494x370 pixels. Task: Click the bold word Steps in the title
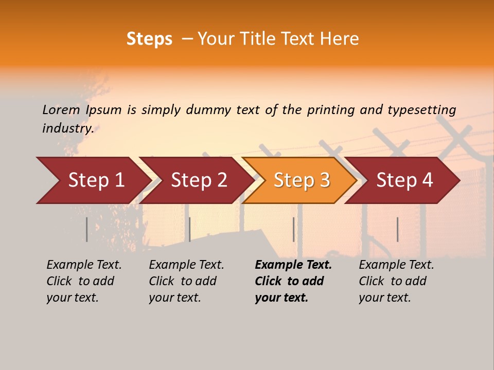point(149,39)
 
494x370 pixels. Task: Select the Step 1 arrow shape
point(93,180)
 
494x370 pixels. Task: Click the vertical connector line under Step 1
point(86,229)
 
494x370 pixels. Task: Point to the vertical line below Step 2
point(190,229)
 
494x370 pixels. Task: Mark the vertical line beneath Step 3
point(293,229)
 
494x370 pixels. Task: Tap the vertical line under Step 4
point(397,229)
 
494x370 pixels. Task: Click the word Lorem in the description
point(61,110)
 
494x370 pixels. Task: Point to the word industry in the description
point(67,128)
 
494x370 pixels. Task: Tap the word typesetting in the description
point(421,110)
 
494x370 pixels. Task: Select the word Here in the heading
point(339,39)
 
